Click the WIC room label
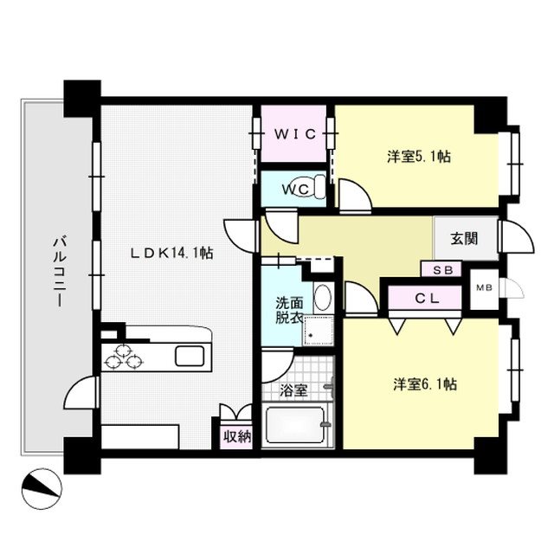pos(295,134)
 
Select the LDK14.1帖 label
pos(171,253)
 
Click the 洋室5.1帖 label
pos(419,157)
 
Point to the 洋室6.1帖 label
pos(425,384)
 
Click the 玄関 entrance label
pos(464,239)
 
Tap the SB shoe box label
pos(443,270)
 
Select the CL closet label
pos(427,299)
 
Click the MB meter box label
pos(485,288)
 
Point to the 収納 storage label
pos(237,437)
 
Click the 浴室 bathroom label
pos(293,390)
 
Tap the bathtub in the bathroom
pos(295,425)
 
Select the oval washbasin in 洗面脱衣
pos(323,296)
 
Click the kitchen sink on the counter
pos(190,356)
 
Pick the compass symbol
pos(42,488)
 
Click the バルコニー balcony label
pos(60,272)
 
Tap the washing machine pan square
pos(319,331)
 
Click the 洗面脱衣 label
pos(289,311)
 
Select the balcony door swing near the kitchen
pos(80,392)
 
